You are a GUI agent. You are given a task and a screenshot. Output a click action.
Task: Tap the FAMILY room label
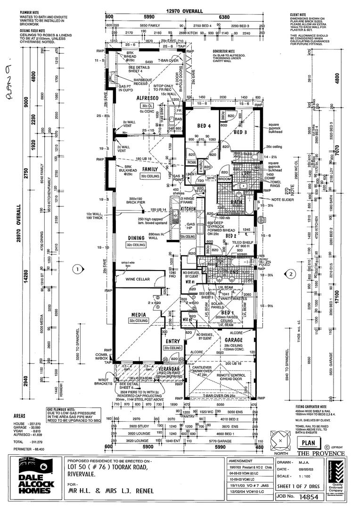150,169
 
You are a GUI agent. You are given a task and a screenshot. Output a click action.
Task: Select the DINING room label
136,238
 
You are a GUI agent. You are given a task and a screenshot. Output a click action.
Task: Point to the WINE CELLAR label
138,279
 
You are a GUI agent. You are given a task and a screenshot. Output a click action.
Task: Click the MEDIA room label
138,315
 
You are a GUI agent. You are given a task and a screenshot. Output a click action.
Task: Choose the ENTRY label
172,341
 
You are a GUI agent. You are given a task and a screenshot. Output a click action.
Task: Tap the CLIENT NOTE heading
299,15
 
